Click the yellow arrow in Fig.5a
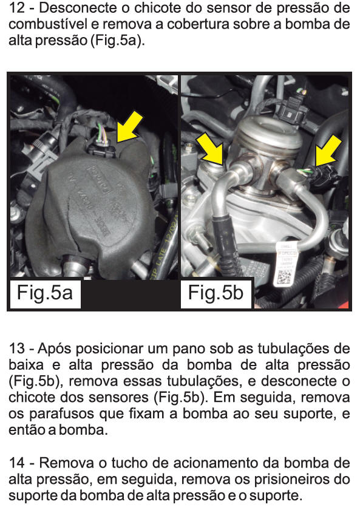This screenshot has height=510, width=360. pos(130,126)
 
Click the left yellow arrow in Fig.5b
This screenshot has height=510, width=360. pos(211,147)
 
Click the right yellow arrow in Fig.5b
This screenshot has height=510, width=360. pos(328,151)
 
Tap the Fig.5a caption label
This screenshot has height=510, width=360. pos(44,293)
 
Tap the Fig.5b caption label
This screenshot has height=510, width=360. pos(216,293)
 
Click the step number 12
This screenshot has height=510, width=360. pos(17,8)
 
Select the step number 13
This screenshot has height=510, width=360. pos(17,348)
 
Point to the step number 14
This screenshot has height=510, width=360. pos(17,463)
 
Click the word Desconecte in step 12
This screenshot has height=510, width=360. pos(78,8)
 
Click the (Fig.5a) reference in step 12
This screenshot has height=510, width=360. pos(117,41)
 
